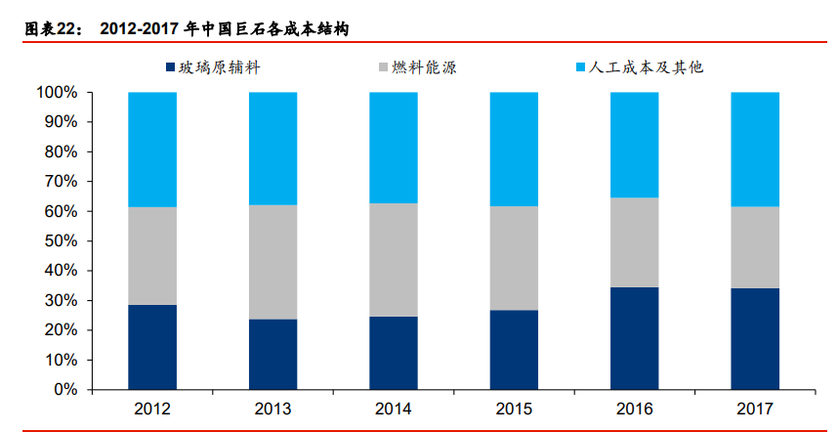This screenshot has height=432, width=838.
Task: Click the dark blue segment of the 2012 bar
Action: (x=152, y=347)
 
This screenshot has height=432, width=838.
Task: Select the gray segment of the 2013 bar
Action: (x=272, y=262)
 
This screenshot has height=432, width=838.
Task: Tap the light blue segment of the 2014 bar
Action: (x=394, y=148)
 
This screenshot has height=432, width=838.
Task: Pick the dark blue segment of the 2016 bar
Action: (x=635, y=338)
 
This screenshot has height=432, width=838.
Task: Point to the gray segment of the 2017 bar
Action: (x=755, y=247)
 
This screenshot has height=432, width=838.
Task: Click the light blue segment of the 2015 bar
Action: (x=514, y=149)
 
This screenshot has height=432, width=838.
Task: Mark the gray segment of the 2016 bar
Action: (x=635, y=242)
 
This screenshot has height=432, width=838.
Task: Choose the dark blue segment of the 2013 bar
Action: (x=272, y=354)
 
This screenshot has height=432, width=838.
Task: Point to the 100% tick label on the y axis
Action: (x=57, y=93)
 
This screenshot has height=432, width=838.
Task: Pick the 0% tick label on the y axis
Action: (x=64, y=390)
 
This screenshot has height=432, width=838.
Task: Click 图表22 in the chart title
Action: (x=50, y=28)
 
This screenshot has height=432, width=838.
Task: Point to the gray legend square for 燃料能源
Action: (x=382, y=68)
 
